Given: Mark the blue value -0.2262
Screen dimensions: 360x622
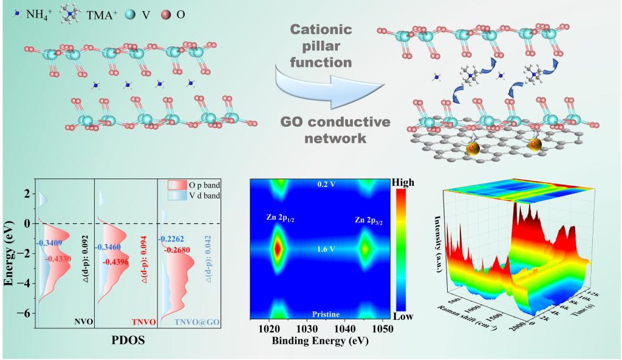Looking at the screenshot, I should (174, 239).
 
